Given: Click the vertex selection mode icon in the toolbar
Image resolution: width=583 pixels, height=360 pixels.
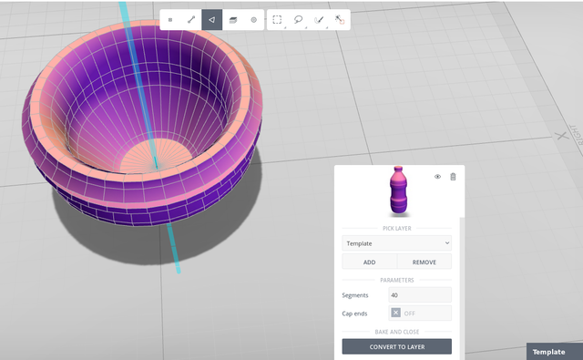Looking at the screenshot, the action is tap(170, 20).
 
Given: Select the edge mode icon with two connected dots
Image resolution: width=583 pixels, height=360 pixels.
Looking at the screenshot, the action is tap(191, 20).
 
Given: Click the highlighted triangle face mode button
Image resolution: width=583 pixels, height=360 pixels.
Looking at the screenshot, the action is tap(212, 20).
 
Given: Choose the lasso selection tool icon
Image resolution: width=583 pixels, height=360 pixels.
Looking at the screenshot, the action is tap(298, 19).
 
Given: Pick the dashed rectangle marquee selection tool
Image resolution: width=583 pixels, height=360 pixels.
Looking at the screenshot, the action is tap(277, 19).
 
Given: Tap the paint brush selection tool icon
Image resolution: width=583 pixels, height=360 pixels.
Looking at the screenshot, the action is tap(319, 20).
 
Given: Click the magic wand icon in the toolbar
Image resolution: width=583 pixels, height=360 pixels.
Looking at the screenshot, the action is tap(340, 20).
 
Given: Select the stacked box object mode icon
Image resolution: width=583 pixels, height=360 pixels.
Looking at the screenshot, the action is tap(233, 20).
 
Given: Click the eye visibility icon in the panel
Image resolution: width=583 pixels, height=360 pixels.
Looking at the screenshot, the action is tap(437, 177).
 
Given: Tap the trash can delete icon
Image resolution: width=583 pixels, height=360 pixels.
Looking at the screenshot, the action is tap(453, 177).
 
